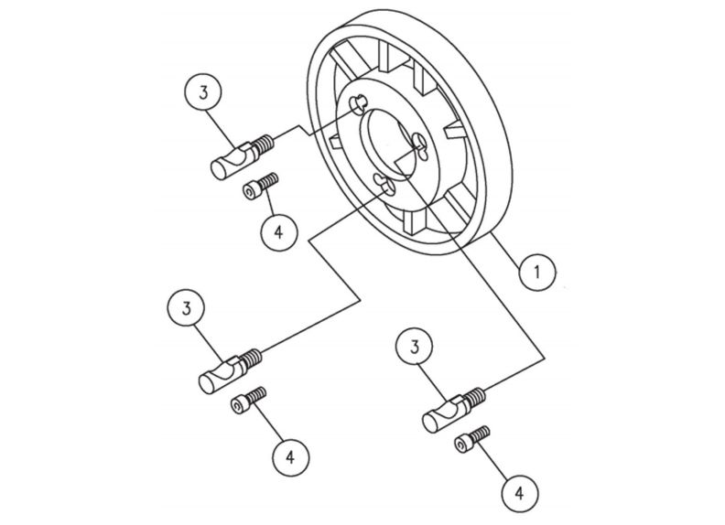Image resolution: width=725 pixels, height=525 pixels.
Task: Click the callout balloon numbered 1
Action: (x=537, y=271)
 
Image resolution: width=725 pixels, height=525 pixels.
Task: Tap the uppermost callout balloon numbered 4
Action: (x=277, y=230)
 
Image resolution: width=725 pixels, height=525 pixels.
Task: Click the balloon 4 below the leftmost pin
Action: (x=288, y=455)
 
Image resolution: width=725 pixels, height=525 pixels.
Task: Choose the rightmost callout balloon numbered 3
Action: (x=415, y=348)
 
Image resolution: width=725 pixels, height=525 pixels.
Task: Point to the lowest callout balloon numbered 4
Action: (x=519, y=493)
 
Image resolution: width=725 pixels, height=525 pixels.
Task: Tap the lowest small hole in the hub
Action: (x=385, y=186)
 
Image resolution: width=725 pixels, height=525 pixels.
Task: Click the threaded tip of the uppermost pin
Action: (x=265, y=144)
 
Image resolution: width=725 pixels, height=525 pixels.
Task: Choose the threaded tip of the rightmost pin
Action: (x=475, y=397)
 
